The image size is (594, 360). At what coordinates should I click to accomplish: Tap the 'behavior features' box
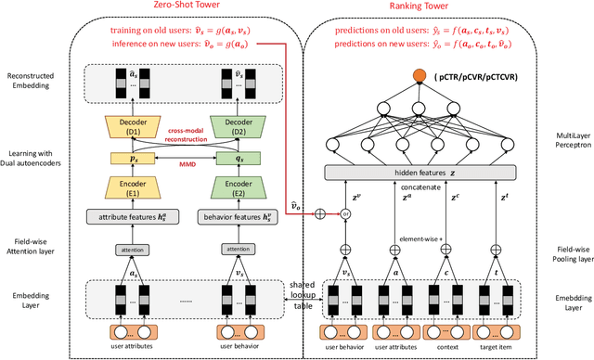click(236, 217)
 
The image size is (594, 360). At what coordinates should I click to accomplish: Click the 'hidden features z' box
click(419, 174)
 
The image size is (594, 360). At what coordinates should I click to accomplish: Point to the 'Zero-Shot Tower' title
click(177, 10)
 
